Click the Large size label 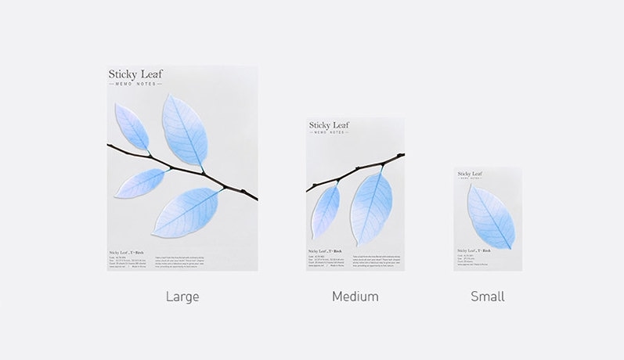coord(182,297)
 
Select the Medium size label coord(355,297)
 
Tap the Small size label coord(488,297)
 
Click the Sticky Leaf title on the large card coord(136,74)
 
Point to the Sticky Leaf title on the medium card coord(329,125)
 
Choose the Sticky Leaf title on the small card coord(471,174)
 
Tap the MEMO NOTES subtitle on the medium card coord(329,133)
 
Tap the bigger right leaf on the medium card coord(370,207)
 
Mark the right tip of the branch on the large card coord(256,199)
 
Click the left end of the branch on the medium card coord(308,189)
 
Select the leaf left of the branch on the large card coord(141,183)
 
